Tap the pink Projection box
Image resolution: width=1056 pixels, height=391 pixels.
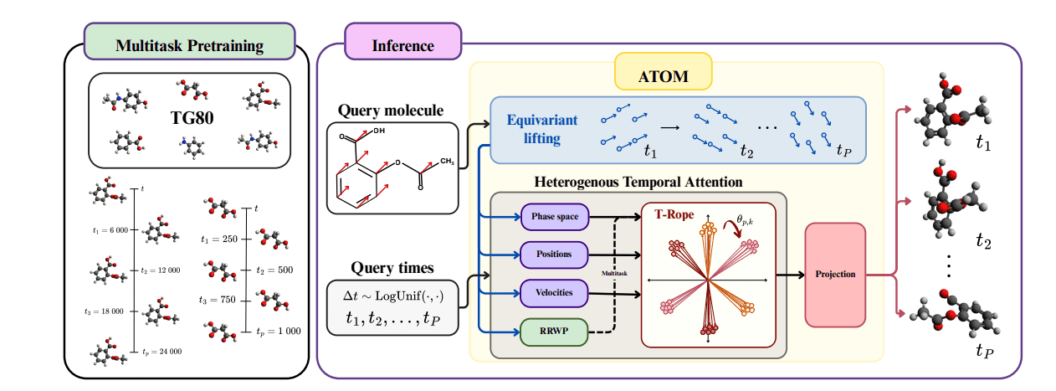[834, 275]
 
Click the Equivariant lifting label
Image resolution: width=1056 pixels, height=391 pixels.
[542, 128]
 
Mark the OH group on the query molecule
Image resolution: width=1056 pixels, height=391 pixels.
[378, 131]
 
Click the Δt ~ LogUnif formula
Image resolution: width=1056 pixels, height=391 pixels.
[392, 296]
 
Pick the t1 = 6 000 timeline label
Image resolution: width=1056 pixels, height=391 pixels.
[110, 230]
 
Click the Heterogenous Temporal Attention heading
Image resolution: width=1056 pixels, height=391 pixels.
[637, 181]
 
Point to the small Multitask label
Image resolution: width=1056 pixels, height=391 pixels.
[614, 273]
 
